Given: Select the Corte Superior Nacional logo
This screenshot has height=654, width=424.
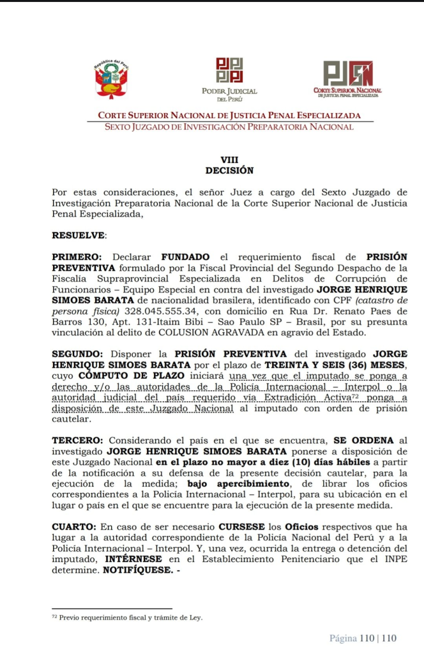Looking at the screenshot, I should pyautogui.click(x=347, y=78).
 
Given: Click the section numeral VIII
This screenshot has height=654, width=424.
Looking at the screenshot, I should pyautogui.click(x=229, y=160).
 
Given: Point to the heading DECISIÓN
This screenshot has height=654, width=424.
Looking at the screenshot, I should pyautogui.click(x=229, y=171).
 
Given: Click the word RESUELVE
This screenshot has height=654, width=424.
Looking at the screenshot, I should pyautogui.click(x=79, y=235).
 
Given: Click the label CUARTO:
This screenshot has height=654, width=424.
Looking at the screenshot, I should pyautogui.click(x=73, y=527).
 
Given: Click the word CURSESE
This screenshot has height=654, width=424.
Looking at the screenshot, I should pyautogui.click(x=241, y=527).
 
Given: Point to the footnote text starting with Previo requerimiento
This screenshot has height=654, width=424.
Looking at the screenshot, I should pyautogui.click(x=131, y=618).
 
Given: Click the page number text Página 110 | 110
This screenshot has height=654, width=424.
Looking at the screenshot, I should pyautogui.click(x=363, y=638).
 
